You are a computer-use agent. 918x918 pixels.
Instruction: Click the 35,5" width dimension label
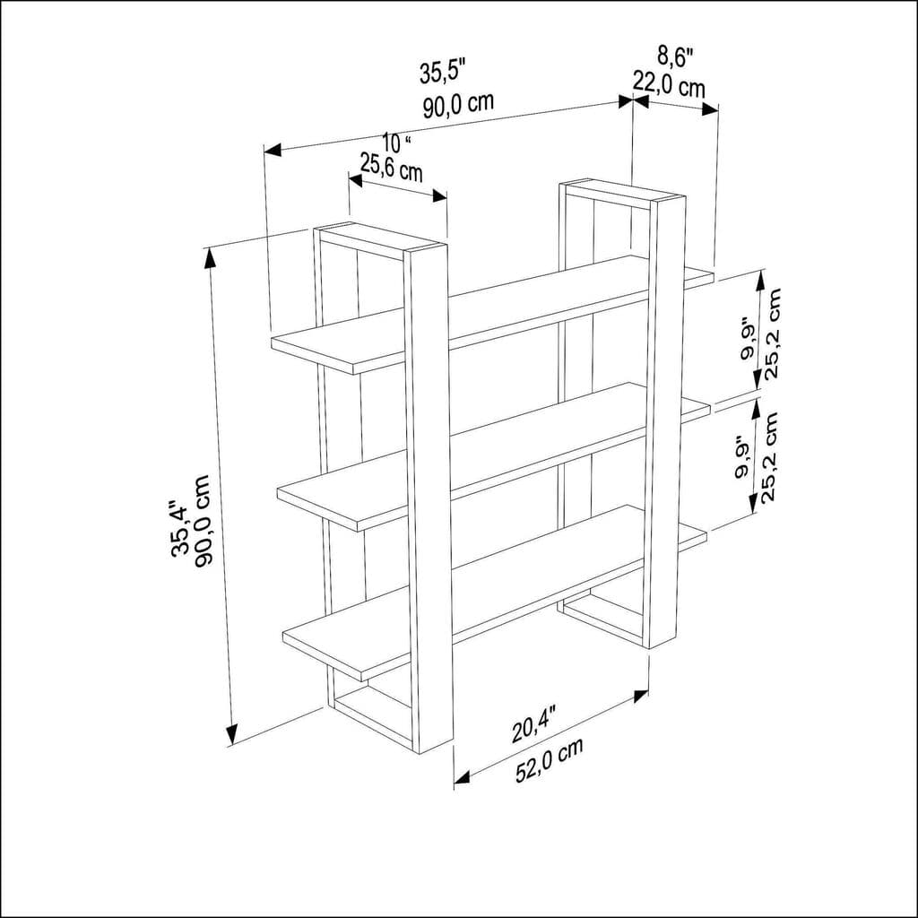pyautogui.click(x=443, y=71)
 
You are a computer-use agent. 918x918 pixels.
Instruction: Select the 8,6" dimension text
pyautogui.click(x=675, y=56)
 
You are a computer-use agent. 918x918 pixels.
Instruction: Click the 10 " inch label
pyautogui.click(x=395, y=143)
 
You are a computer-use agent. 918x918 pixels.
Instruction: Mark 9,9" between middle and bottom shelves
pyautogui.click(x=743, y=457)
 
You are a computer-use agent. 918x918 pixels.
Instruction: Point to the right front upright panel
pyautogui.click(x=663, y=412)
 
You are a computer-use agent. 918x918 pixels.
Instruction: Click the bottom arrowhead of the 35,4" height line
pyautogui.click(x=231, y=735)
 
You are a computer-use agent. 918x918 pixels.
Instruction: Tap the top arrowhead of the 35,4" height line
pyautogui.click(x=210, y=256)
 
